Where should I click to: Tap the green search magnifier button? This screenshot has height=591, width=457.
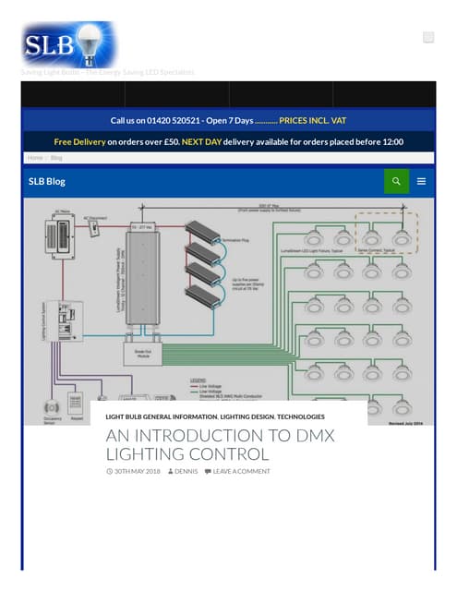pos(396,181)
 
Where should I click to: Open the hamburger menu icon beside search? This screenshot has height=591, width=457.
pos(422,181)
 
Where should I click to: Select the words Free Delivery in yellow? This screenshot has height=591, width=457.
pos(79,142)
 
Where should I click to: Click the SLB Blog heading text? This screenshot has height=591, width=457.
pos(52,181)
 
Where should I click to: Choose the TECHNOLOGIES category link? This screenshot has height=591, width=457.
pos(300,416)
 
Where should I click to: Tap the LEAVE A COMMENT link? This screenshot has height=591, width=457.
pos(241,471)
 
